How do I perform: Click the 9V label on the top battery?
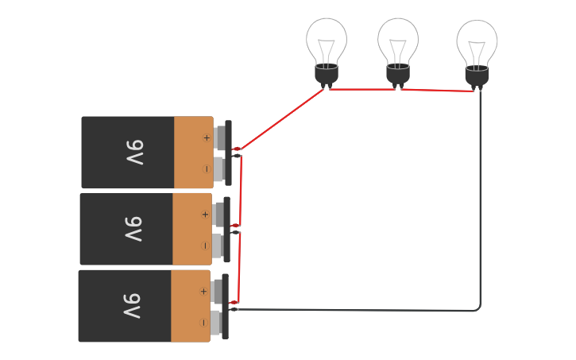tap(134, 153)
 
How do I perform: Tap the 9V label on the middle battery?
tap(133, 229)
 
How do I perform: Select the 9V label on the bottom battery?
tap(132, 306)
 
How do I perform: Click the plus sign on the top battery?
tap(207, 137)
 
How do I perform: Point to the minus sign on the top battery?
tap(207, 168)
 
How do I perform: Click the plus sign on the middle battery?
tap(205, 215)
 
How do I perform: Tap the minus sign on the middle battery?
tap(205, 246)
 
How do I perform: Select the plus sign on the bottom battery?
tap(203, 292)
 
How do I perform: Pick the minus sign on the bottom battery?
tap(203, 323)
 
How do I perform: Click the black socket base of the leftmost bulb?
tap(327, 75)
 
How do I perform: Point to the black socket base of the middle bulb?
tap(398, 74)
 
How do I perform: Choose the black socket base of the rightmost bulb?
tap(477, 76)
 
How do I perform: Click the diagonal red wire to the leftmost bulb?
tap(282, 118)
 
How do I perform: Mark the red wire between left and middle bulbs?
tap(361, 90)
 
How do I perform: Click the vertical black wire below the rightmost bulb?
tap(481, 199)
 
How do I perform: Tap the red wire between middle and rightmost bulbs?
tap(437, 91)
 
